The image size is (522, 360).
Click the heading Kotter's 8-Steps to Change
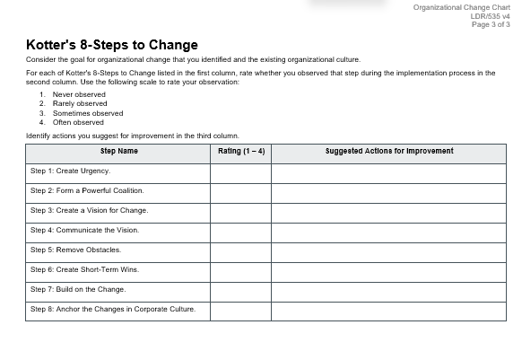pyautogui.click(x=112, y=45)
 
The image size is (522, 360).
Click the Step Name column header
pyautogui.click(x=118, y=151)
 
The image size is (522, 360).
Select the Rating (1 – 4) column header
pyautogui.click(x=241, y=151)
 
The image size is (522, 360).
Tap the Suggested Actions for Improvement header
pyautogui.click(x=388, y=151)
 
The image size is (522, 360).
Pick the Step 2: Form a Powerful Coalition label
pyautogui.click(x=87, y=190)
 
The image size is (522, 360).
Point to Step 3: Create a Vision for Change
pyautogui.click(x=89, y=210)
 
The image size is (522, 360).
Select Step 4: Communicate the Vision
pyautogui.click(x=84, y=230)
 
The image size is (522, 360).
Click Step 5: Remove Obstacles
pyautogui.click(x=75, y=250)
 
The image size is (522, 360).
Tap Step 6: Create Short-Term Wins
pyautogui.click(x=84, y=269)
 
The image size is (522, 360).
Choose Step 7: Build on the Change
pyautogui.click(x=78, y=289)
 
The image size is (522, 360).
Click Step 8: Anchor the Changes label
pyautogui.click(x=112, y=309)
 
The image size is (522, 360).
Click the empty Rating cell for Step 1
pyautogui.click(x=240, y=171)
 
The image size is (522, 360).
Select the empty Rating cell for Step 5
pyautogui.click(x=240, y=250)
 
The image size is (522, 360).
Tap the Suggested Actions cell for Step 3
pyautogui.click(x=388, y=210)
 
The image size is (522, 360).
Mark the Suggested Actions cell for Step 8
pyautogui.click(x=388, y=310)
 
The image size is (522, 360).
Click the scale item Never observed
pyautogui.click(x=79, y=94)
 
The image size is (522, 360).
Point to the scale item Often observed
pyautogui.click(x=78, y=122)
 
